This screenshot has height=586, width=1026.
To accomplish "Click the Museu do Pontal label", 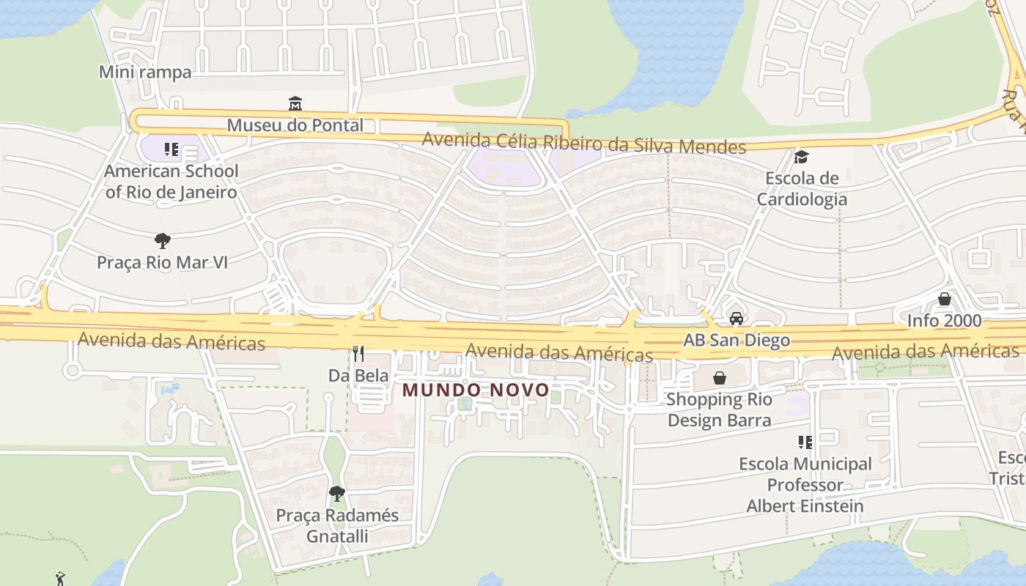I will coord(295,125).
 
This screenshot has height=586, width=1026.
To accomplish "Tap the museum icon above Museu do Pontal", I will coord(295,103).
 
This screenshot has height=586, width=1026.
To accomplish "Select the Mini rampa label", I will coord(145,72).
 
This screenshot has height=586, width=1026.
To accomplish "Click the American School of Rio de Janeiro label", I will coord(171,182).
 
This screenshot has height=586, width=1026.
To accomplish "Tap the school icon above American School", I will coord(171,150).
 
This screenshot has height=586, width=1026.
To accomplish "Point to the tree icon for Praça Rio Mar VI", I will coord(163,240).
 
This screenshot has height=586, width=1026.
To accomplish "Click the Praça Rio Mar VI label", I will coord(163,262).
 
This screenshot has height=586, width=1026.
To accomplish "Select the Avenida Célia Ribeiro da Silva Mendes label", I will coord(584,143).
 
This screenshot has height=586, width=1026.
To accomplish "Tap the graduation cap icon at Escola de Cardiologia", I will coord(801,157).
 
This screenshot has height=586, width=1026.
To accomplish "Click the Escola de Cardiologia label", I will coord(802,189).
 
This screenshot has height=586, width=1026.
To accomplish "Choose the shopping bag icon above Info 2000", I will coord(945,299).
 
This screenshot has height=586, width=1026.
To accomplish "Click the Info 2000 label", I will coord(944,321).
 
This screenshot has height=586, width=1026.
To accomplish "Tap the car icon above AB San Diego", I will coord(737,319).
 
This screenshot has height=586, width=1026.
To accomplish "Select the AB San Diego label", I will coord(737,341).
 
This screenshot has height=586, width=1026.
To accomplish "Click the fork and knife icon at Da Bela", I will coord(358,354).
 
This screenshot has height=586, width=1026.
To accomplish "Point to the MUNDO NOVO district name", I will coord(476,390).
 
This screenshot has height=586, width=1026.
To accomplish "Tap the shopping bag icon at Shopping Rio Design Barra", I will coord(720,378).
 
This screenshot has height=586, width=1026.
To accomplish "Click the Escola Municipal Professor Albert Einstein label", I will coord(805,485).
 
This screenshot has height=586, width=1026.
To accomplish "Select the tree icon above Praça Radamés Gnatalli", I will coord(337,494).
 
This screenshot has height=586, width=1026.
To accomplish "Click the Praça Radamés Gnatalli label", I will coord(337,526).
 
